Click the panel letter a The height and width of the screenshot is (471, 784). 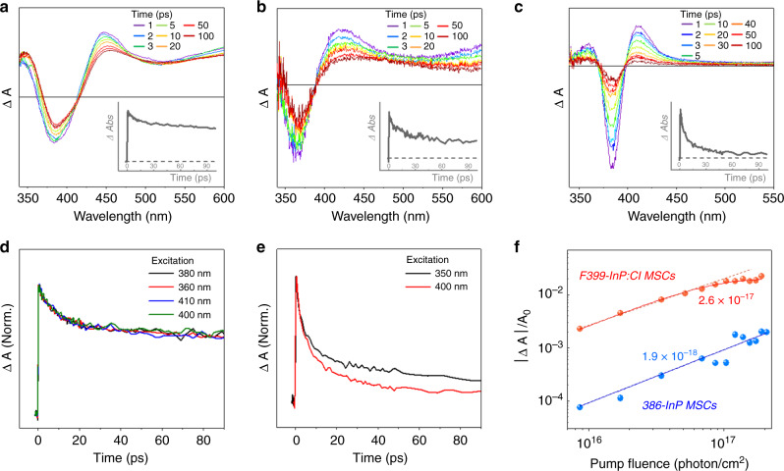(x=7, y=9)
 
